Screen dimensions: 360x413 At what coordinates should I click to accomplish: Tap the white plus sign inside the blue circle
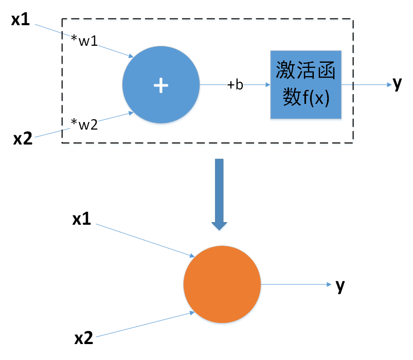click(161, 85)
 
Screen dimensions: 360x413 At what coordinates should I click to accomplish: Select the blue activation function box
click(306, 85)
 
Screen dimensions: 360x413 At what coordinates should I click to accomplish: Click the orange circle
click(222, 284)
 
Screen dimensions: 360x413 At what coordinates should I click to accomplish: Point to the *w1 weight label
click(85, 41)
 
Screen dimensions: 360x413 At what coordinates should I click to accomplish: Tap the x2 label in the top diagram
click(22, 139)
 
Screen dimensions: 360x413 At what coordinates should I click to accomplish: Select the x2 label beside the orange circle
click(84, 338)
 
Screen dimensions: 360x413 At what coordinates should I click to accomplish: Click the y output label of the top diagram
click(397, 84)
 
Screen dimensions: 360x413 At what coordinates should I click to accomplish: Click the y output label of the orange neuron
click(340, 285)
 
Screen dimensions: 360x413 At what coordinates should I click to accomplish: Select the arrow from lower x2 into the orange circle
click(144, 325)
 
